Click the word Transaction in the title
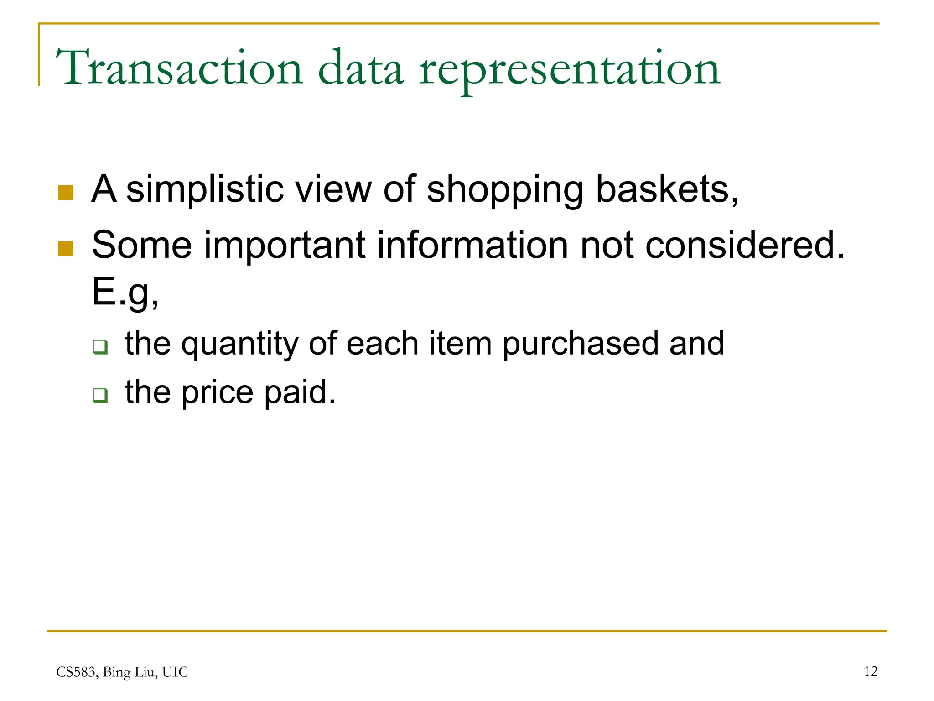179,68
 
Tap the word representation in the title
569,71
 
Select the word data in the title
361,68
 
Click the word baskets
667,189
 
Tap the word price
217,393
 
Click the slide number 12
870,671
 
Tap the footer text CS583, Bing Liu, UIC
122,672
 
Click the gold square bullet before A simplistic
66,193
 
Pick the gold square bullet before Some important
66,249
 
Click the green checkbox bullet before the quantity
100,347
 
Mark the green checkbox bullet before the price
100,395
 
